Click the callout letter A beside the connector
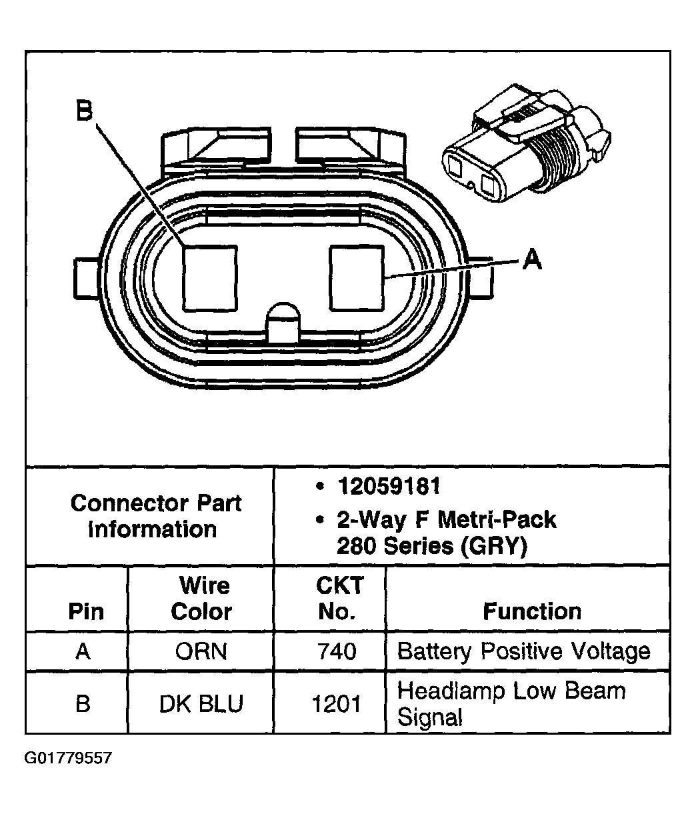(531, 259)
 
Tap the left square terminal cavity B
(210, 277)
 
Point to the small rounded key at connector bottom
(284, 323)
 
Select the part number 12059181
(388, 487)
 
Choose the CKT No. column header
(339, 598)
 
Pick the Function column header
(532, 611)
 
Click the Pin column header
(86, 611)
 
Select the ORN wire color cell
(201, 651)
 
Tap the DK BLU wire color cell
(201, 704)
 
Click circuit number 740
(337, 651)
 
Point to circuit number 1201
(337, 704)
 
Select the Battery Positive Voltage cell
(523, 651)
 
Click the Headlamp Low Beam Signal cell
(511, 704)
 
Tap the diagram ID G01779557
(68, 759)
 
